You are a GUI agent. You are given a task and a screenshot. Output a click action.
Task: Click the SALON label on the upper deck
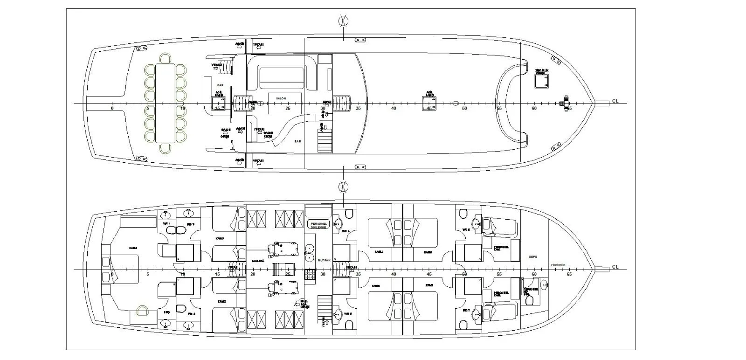[x=281, y=99]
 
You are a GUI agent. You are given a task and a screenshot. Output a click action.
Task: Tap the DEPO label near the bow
[x=533, y=257]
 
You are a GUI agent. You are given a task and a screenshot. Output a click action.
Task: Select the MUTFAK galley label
[x=324, y=260]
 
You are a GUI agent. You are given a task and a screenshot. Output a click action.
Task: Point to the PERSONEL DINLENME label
[x=318, y=225]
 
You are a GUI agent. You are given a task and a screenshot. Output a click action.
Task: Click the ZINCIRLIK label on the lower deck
[x=558, y=264]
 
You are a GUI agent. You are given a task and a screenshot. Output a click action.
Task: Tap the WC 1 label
[x=167, y=224]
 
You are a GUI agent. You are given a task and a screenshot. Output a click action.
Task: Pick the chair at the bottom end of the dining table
[x=166, y=148]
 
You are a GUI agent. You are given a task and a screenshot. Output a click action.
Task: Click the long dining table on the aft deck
[x=166, y=103]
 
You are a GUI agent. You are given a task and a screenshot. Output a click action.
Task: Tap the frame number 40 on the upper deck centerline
[x=394, y=109]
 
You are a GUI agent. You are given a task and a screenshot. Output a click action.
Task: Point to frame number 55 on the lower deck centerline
[x=499, y=274]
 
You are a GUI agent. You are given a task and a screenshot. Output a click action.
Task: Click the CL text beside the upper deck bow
[x=615, y=101]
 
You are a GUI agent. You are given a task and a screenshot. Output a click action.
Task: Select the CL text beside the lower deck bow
[x=615, y=267]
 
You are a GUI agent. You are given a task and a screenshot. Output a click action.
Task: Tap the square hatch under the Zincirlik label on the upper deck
[x=542, y=81]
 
